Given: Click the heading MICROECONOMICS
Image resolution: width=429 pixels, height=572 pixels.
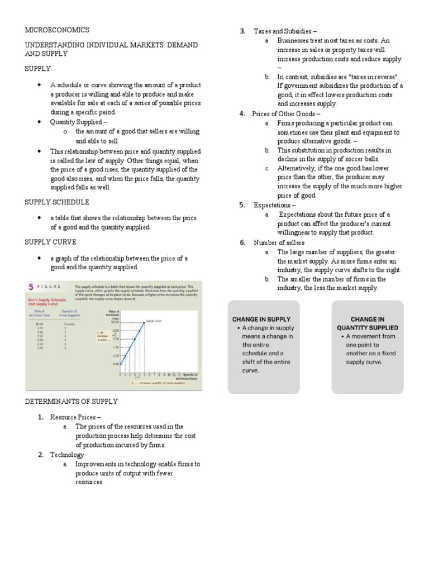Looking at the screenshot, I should click(56, 30).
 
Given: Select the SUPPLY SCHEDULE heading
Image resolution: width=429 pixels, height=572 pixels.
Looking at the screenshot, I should click(57, 202).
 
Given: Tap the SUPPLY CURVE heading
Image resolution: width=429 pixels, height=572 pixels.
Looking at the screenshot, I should click(51, 242).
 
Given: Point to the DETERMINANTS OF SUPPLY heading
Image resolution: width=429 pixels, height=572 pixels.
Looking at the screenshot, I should click(71, 401).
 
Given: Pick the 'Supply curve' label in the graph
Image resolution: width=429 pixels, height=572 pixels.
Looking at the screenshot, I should click(153, 321).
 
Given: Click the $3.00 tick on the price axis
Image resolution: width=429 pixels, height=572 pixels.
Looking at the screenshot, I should click(115, 322).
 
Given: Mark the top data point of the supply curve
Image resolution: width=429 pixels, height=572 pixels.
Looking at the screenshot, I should click(144, 322).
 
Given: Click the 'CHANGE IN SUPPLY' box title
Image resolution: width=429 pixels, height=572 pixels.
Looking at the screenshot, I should click(263, 319).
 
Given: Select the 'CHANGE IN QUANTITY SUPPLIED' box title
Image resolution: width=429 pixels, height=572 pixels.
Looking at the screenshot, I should click(367, 323).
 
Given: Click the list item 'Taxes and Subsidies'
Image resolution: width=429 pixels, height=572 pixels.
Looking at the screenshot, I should click(285, 31).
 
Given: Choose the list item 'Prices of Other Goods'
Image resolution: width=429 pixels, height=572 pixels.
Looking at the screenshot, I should click(286, 114).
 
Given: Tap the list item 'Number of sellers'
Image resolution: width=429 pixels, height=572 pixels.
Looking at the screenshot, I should click(279, 242).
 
